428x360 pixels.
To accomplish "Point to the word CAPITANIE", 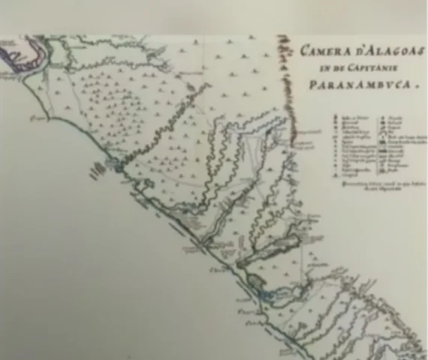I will coord(373,67).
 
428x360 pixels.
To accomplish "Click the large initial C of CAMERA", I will coord(306,52).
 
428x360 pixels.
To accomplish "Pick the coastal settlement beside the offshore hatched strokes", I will coord(114,162).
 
